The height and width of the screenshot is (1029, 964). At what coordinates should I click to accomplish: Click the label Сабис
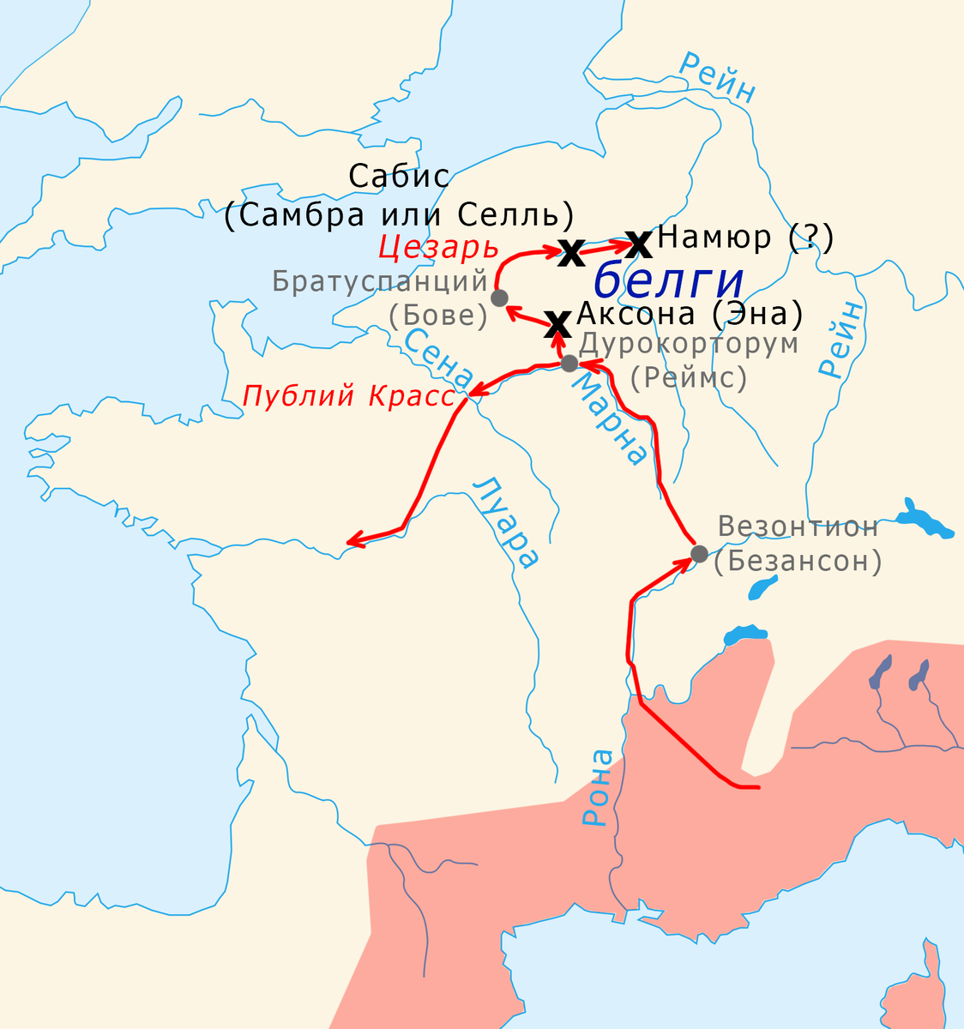point(399,177)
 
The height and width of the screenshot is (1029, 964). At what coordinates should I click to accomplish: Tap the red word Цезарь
point(438,248)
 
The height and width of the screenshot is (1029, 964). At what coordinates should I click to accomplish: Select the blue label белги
point(668,280)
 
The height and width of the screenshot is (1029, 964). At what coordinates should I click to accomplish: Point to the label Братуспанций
point(380,280)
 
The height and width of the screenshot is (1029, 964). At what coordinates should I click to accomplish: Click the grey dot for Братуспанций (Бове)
point(499,298)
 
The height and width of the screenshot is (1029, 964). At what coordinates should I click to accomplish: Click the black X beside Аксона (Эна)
point(558,324)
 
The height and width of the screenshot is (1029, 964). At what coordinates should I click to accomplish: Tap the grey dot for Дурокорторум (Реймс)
point(569,363)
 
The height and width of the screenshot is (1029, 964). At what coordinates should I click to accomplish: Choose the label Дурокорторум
point(690,344)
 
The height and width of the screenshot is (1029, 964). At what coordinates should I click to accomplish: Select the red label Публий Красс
point(349,397)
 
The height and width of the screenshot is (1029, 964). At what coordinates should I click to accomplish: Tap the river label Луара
point(508,521)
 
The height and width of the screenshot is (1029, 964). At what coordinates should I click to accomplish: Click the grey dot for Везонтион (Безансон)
point(699,553)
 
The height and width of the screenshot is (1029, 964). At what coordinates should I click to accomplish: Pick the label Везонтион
point(798,526)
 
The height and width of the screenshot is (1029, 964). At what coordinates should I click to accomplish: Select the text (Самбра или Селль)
point(399,214)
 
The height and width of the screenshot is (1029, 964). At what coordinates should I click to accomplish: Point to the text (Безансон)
point(798,561)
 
